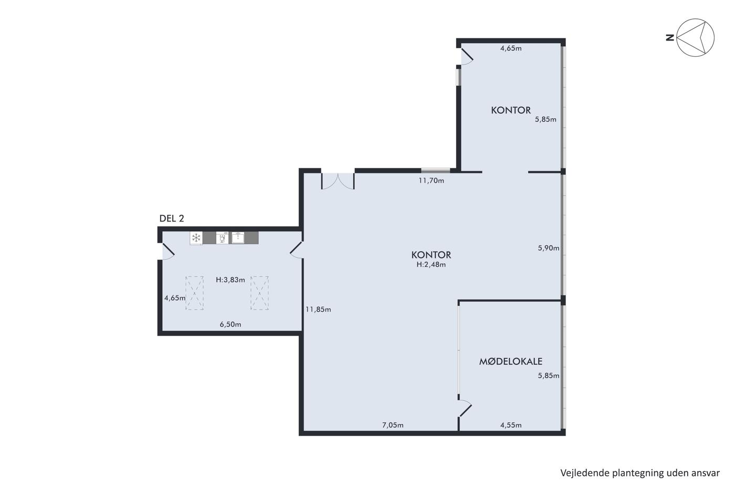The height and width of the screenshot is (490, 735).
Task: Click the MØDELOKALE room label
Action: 510,361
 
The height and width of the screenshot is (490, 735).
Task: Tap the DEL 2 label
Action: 172,218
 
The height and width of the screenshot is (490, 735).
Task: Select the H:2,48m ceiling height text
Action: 431,265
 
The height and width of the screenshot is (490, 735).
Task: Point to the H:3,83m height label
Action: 230,280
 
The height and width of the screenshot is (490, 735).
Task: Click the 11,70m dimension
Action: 431,181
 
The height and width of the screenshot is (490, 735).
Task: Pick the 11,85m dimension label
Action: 318,309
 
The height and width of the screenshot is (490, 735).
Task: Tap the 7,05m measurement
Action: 393,425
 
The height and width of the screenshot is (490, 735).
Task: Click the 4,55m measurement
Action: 511,425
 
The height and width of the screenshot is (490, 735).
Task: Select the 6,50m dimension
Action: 230,325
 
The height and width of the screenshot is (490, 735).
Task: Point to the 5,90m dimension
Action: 549,248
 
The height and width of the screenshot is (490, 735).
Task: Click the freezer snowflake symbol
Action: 196,238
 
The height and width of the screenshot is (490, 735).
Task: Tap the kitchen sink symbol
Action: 238,237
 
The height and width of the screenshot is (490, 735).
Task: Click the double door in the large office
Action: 338,181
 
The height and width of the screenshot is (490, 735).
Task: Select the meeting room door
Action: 465,408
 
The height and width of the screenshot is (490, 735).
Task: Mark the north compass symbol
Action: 695,37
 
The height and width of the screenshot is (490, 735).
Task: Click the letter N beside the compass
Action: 670,38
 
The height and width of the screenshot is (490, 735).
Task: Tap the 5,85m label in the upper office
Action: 545,119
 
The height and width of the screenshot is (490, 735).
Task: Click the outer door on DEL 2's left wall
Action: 167,252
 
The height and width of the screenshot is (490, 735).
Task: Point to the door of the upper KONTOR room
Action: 467,56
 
